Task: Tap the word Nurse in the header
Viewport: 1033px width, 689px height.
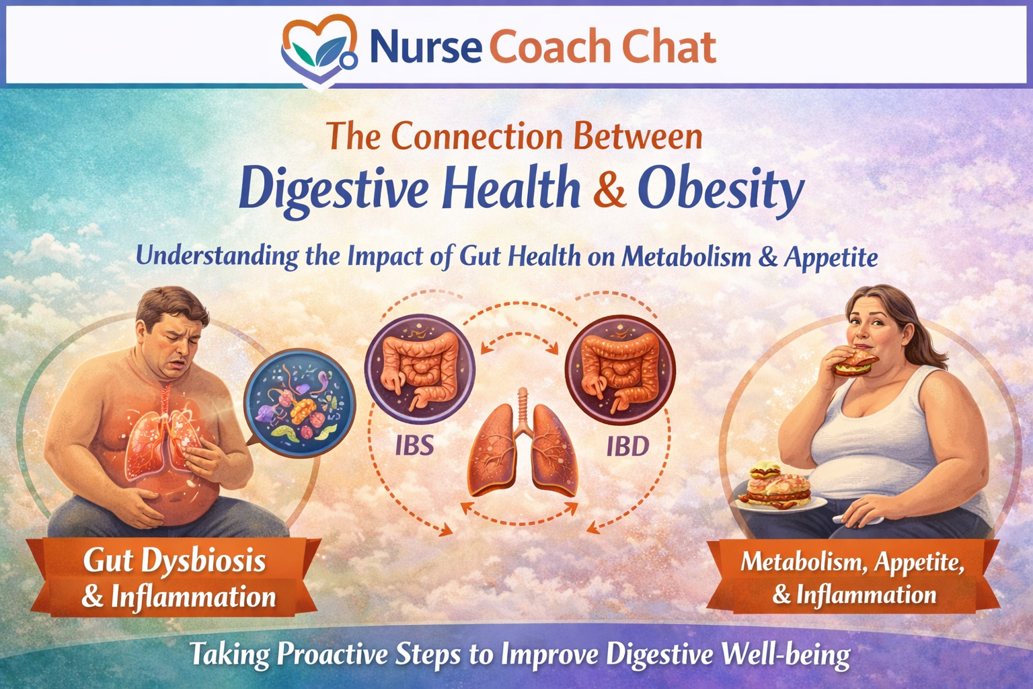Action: point(426,47)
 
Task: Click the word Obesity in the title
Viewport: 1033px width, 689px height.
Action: point(720,190)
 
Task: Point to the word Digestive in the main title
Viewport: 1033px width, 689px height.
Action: point(333,190)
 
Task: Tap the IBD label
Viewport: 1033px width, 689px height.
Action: point(627,446)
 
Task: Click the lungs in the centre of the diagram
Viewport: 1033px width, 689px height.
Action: point(523,447)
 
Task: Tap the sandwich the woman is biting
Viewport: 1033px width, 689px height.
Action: point(856,363)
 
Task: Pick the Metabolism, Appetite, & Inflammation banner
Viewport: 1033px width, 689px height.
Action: point(853,577)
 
